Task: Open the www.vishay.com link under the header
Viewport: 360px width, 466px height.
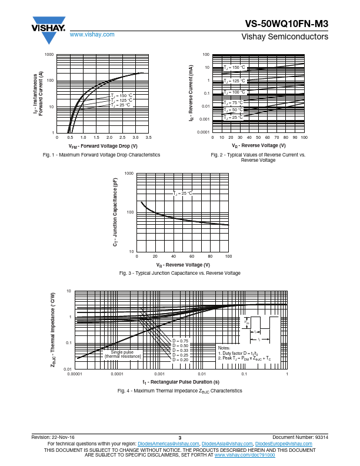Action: click(x=92, y=35)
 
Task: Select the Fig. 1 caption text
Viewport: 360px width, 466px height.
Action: click(x=102, y=155)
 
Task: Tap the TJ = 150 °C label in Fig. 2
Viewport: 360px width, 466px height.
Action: click(x=234, y=68)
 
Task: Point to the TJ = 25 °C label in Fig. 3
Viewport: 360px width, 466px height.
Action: click(x=182, y=194)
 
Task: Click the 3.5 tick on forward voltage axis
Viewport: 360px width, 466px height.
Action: click(x=148, y=137)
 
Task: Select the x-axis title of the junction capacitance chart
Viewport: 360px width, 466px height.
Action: click(x=182, y=265)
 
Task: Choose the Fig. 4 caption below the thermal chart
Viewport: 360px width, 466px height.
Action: click(x=179, y=391)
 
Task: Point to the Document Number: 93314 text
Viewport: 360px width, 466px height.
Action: click(x=300, y=438)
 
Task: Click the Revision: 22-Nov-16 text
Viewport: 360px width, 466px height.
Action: click(x=53, y=438)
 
